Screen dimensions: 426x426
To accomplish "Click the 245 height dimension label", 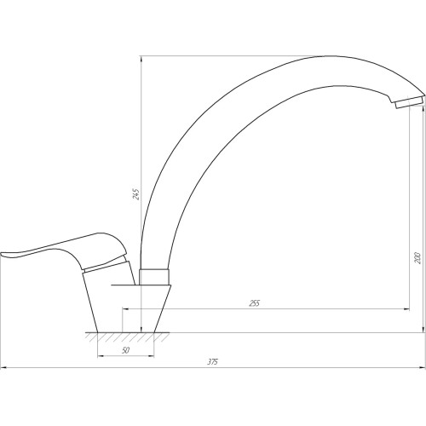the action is click(136, 194).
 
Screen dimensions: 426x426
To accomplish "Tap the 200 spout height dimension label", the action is click(417, 257).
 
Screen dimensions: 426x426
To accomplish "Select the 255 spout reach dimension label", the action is click(254, 303).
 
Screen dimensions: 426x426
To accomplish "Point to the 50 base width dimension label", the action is click(125, 350).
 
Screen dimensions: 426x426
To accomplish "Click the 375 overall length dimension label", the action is click(213, 362).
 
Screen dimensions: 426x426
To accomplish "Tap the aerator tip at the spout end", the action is click(409, 102).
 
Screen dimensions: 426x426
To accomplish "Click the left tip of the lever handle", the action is click(1, 254).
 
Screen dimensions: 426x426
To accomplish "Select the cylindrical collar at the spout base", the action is click(154, 277).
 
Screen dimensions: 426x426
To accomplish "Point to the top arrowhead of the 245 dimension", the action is click(141, 59).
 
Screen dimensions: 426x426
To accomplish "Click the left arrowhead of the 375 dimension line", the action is click(3, 368).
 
